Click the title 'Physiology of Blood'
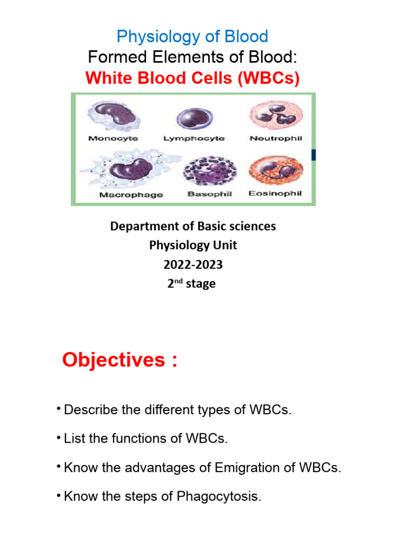(192, 37)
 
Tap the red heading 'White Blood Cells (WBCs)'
(192, 79)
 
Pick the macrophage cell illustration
(128, 169)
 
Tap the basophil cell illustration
(209, 171)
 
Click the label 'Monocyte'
(112, 138)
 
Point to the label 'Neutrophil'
(276, 138)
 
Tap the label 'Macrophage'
(131, 195)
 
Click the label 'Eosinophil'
(275, 194)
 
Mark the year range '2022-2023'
(193, 264)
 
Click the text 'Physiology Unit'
(193, 246)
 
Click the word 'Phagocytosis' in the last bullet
(217, 497)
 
